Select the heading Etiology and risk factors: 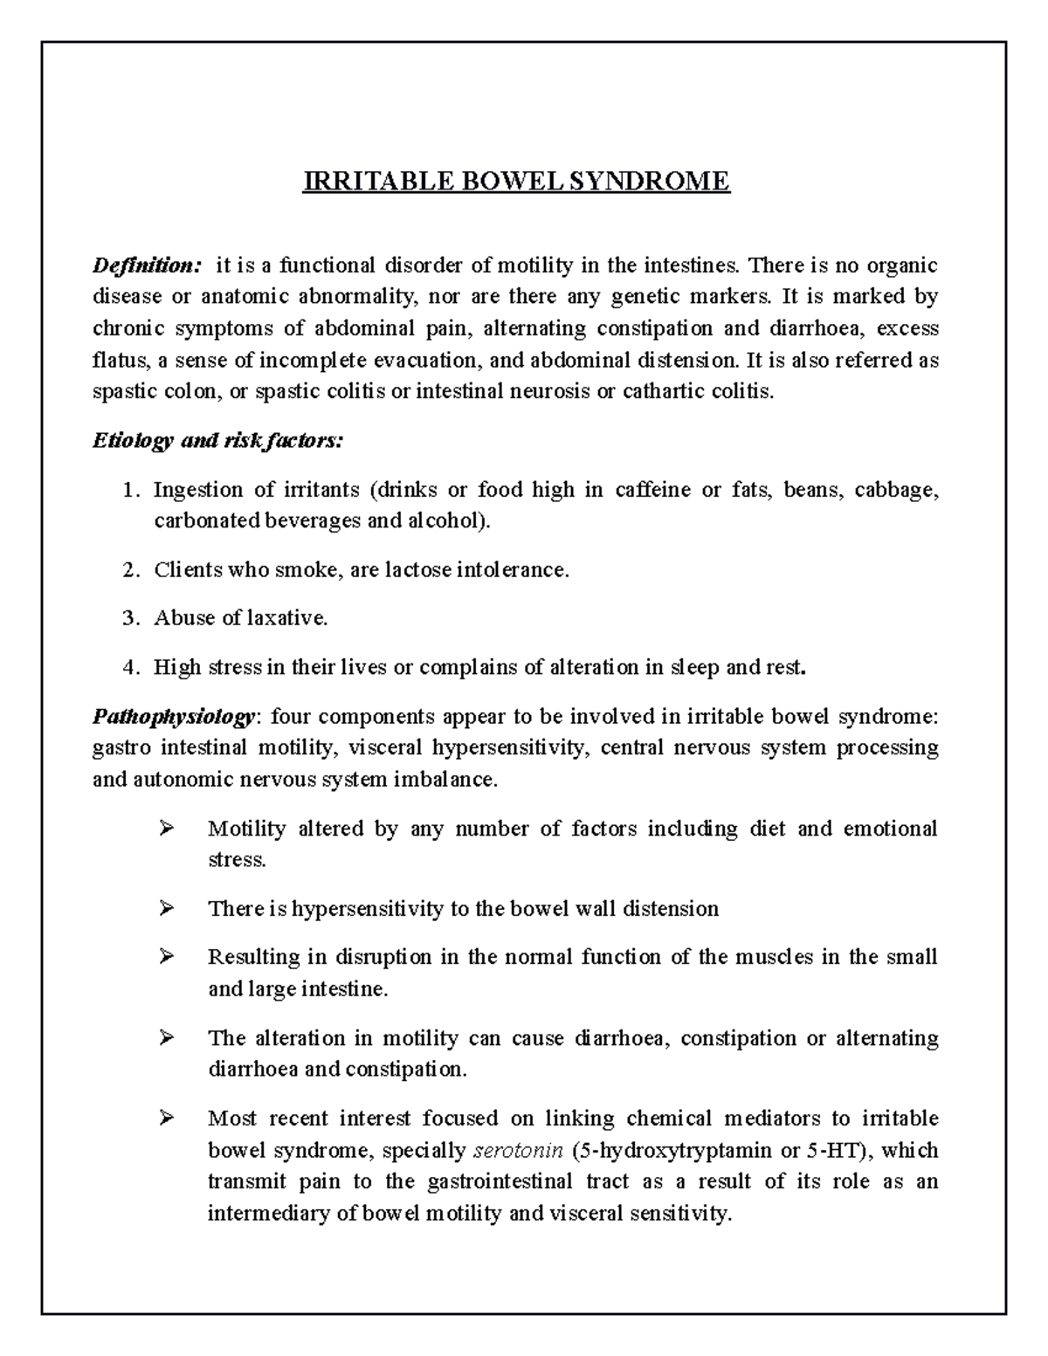coord(218,441)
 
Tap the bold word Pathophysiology coord(174,717)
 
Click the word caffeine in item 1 coord(652,490)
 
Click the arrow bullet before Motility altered coord(166,828)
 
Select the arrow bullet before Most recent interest coord(166,1118)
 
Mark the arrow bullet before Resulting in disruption coord(166,956)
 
